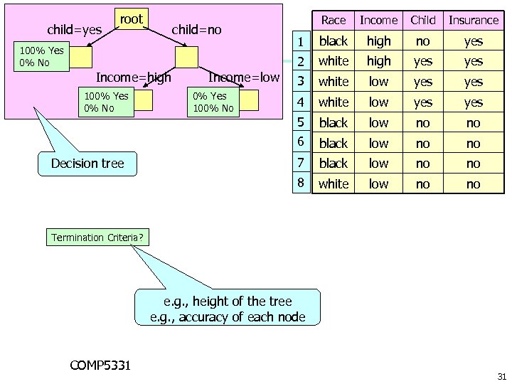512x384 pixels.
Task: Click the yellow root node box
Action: (131, 20)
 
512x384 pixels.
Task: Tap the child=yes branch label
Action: (75, 30)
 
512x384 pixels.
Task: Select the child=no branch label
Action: (196, 30)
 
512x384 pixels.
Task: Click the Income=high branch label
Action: (133, 78)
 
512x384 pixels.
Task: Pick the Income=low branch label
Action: (244, 78)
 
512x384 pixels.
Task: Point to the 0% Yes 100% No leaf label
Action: (213, 102)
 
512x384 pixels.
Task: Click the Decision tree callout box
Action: (87, 164)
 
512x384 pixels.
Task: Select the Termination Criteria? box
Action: (97, 238)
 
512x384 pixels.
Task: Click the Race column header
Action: (334, 20)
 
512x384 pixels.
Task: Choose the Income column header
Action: (379, 20)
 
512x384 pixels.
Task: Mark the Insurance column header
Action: (474, 20)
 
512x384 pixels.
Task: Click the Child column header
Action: (423, 20)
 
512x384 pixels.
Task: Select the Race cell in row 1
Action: (334, 41)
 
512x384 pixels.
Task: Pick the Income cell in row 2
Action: (379, 61)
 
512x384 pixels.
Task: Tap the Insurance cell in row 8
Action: (474, 184)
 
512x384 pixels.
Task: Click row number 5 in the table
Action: (302, 122)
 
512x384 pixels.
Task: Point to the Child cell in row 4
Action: (423, 102)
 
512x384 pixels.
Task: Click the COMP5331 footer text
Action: (100, 366)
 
